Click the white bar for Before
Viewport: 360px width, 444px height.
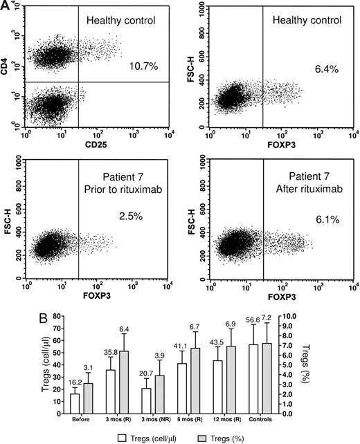pyautogui.click(x=75, y=403)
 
